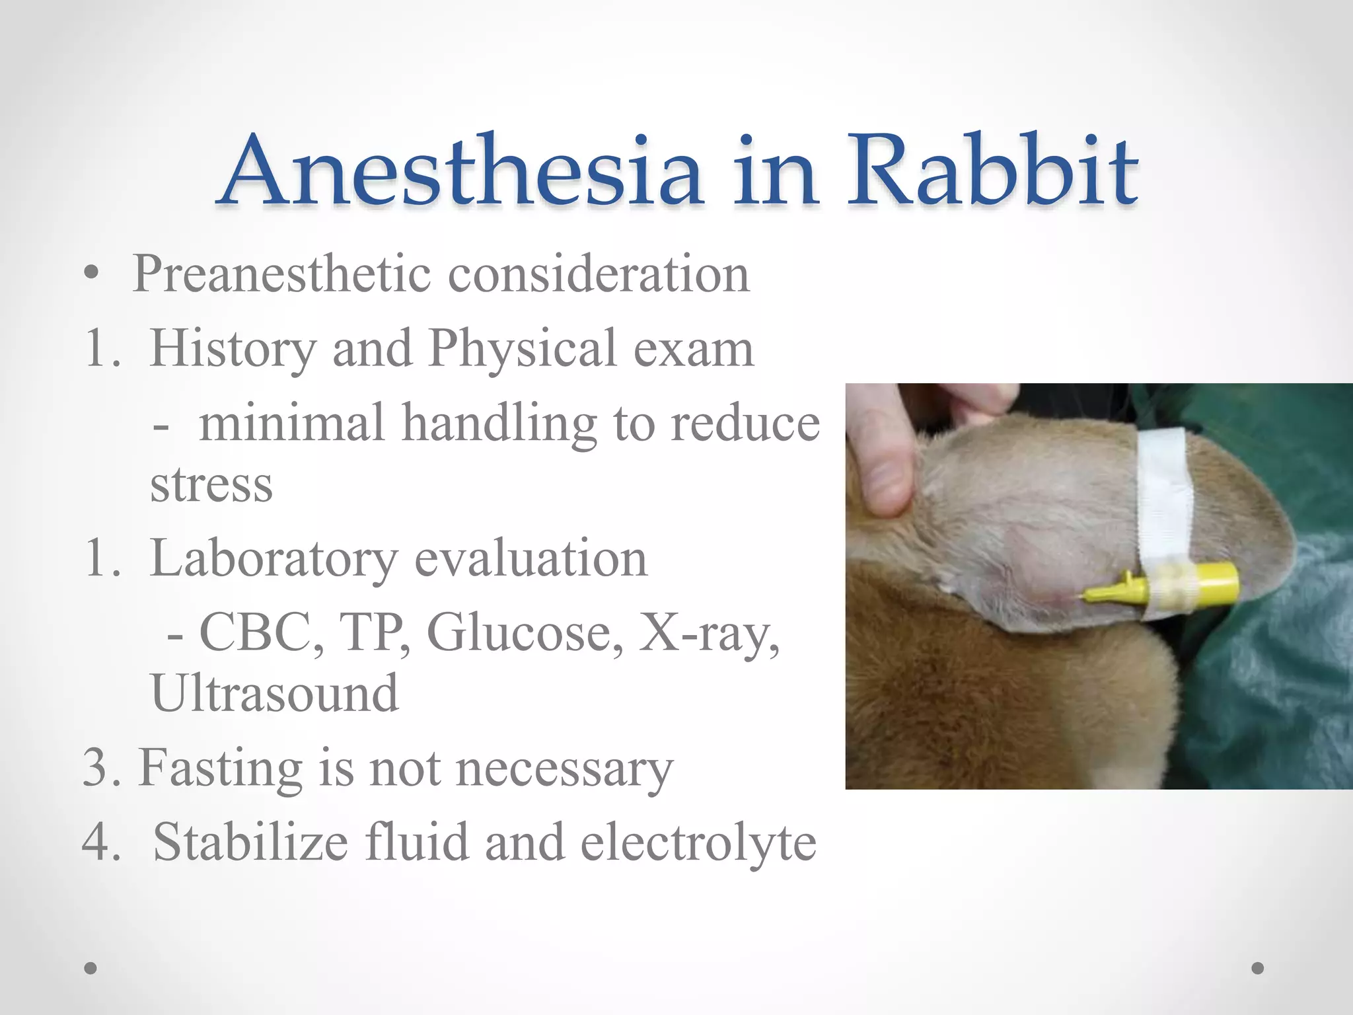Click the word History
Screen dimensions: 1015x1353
click(x=233, y=348)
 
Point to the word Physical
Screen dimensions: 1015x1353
click(x=522, y=348)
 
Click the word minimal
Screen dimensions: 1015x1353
click(x=291, y=423)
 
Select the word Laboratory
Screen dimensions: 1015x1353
click(x=274, y=559)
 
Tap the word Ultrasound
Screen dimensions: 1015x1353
click(x=275, y=694)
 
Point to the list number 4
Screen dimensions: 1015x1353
click(x=100, y=843)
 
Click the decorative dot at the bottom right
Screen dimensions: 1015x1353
click(x=1258, y=968)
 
